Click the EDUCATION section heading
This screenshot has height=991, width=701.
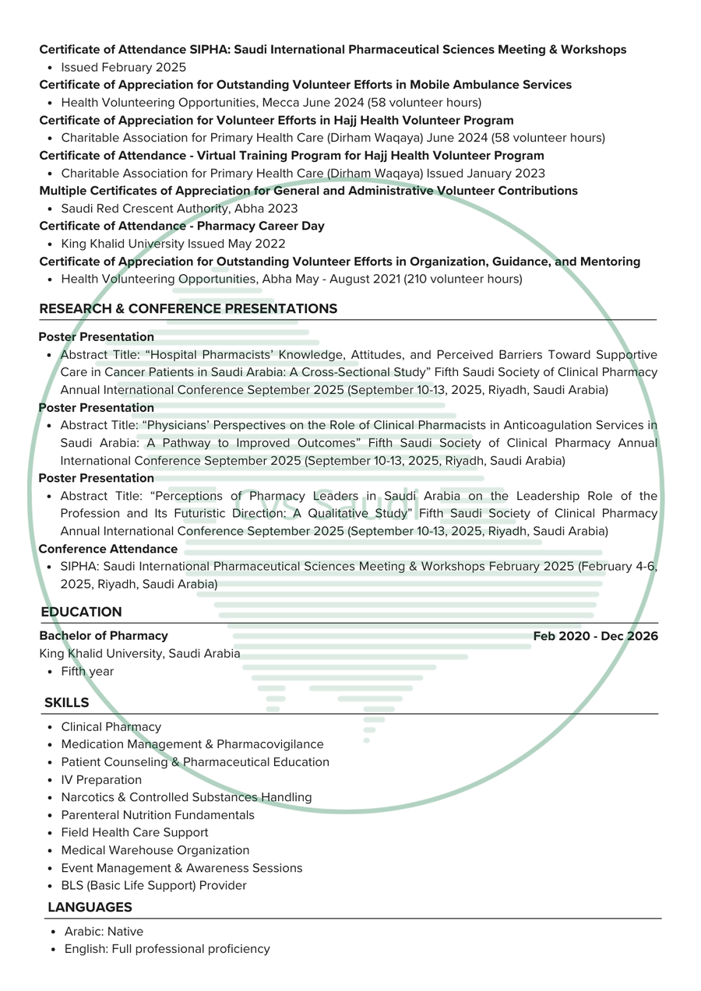coord(81,612)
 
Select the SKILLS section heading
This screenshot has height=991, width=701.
coord(66,702)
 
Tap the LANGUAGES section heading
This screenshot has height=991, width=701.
coord(90,907)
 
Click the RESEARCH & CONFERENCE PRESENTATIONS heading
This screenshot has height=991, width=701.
coord(188,308)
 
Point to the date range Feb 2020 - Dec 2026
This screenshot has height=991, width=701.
coord(595,636)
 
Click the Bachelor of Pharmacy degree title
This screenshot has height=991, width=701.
coord(104,636)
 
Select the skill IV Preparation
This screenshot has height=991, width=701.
coord(101,779)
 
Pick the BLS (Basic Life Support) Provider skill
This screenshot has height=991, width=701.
coord(153,885)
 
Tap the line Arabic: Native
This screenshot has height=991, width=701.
coord(104,931)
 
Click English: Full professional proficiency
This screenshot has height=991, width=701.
coord(167,949)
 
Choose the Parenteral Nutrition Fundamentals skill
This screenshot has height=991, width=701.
coord(157,815)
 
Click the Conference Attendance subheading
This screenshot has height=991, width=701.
coord(108,549)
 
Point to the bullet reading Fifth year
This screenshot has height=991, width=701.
coord(87,671)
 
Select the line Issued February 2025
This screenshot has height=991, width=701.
coord(123,67)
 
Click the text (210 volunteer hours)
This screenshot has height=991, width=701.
coord(463,279)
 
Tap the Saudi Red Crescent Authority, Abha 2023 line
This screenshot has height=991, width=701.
coord(179,209)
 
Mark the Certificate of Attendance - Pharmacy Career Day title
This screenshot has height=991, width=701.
coord(181,226)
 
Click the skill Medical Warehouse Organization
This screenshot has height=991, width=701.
coord(155,850)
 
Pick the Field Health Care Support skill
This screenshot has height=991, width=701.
coord(135,832)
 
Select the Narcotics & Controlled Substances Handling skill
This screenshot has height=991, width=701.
coord(186,797)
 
